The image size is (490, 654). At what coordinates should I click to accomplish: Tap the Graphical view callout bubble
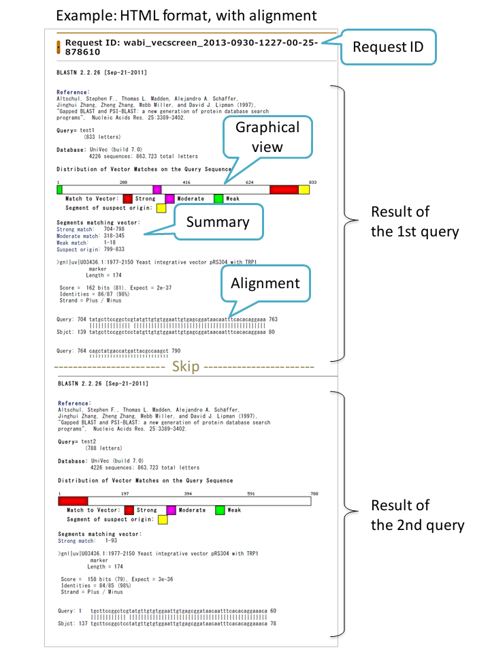click(267, 137)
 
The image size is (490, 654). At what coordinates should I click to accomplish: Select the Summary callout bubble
click(217, 222)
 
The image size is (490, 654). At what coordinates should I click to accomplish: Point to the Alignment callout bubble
click(267, 283)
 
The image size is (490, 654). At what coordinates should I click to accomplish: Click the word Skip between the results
click(185, 367)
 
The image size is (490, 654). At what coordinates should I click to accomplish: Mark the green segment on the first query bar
click(60, 189)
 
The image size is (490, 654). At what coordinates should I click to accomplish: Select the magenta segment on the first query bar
click(157, 189)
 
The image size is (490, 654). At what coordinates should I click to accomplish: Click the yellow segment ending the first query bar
click(304, 189)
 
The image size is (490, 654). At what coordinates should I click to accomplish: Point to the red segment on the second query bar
click(73, 501)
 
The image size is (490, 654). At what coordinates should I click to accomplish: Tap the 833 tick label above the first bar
click(312, 182)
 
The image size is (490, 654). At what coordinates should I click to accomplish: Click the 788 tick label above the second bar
click(314, 493)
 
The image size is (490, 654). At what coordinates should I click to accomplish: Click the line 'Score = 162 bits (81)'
click(116, 287)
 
